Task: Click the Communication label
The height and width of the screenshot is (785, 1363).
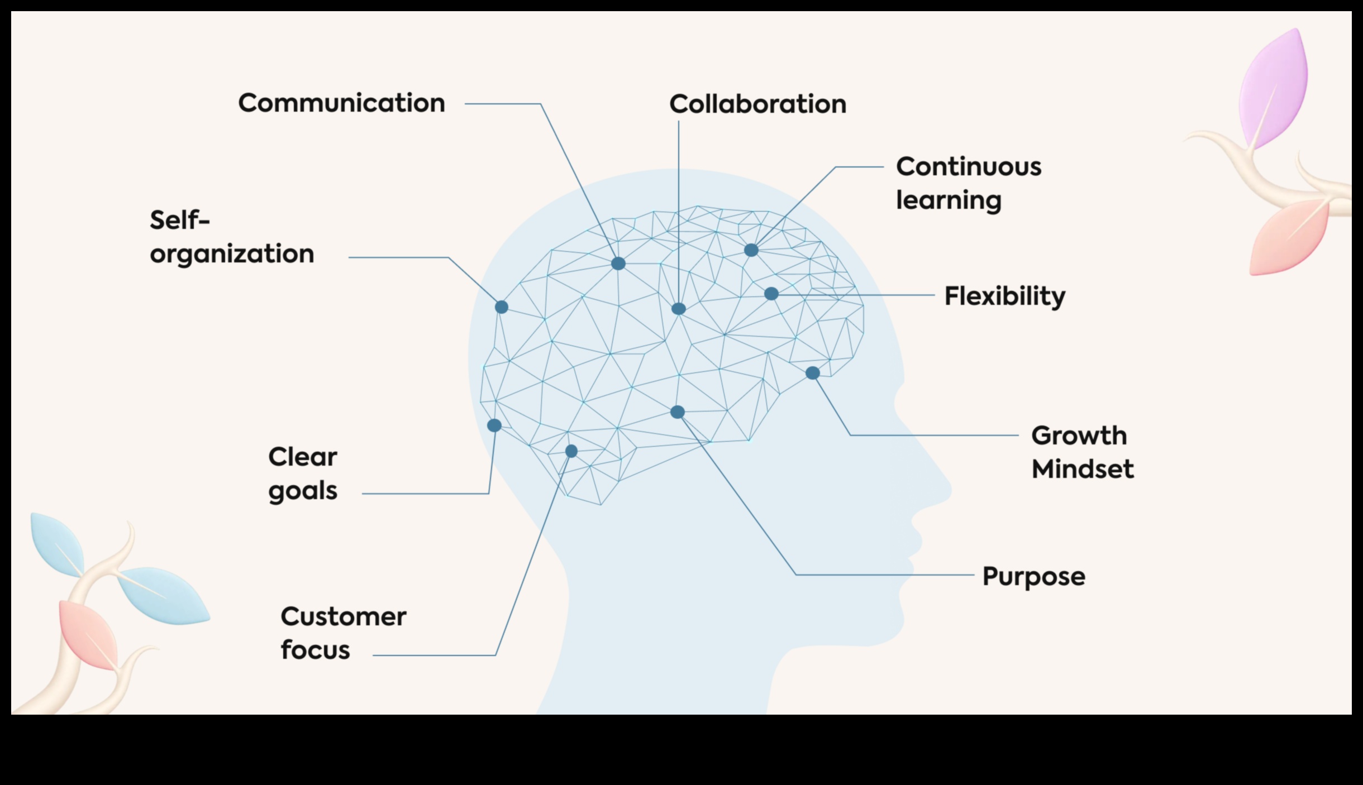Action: point(341,103)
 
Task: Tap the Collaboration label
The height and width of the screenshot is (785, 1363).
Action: point(757,104)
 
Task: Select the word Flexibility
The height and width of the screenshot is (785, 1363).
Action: point(1004,296)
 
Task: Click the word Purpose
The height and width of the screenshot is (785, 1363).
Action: point(1033,577)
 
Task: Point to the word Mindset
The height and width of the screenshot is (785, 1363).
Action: point(1082,469)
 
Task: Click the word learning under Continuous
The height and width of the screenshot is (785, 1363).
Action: point(949,200)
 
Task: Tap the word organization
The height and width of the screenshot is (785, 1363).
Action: point(232,254)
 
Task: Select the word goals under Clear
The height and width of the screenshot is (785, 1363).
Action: point(303,491)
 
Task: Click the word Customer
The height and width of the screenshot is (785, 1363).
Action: point(343,617)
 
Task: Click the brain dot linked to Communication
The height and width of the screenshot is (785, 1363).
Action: point(618,264)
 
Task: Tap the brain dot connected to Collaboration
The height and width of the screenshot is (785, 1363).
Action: point(678,309)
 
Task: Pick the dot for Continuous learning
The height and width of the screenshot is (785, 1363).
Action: point(751,250)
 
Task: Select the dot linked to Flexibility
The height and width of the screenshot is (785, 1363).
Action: point(771,294)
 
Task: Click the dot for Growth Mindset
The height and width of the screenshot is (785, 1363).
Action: point(813,373)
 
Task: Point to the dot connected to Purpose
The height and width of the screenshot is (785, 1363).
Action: point(678,412)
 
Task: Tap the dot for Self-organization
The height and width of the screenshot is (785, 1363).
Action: point(502,307)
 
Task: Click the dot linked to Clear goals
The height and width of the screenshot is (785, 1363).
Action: point(494,425)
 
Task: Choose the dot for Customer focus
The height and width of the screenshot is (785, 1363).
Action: point(571,451)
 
